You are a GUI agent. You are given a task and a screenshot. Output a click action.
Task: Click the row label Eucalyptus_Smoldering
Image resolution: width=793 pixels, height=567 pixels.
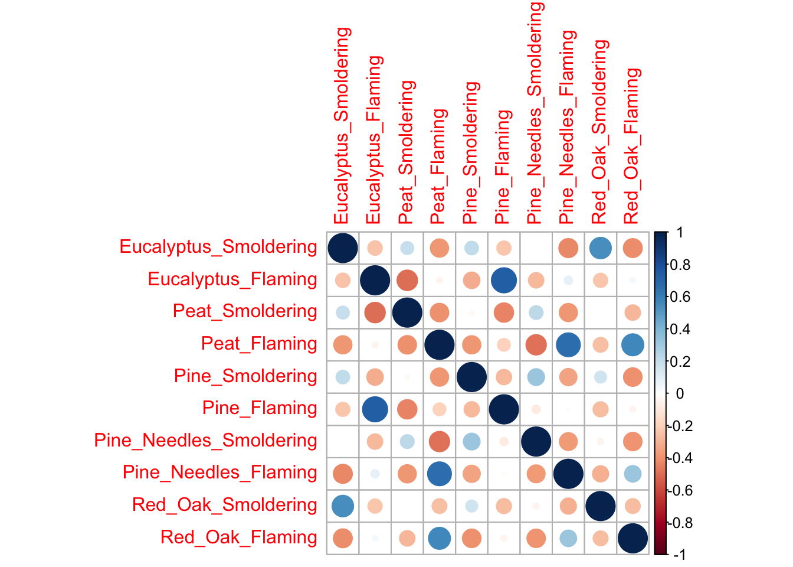218,247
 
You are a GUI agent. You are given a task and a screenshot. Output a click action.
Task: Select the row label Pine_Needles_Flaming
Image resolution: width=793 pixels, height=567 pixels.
220,472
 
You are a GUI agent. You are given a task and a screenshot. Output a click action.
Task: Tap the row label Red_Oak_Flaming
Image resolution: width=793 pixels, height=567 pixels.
239,537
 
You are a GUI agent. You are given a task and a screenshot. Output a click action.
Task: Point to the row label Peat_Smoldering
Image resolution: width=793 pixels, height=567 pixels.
245,311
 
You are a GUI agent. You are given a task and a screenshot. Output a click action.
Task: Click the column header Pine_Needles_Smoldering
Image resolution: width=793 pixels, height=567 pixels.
535,112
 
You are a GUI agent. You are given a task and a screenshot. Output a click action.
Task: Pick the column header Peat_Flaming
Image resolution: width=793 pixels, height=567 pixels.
438,166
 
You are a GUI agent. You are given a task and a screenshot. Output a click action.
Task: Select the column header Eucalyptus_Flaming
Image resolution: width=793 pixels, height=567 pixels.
374,140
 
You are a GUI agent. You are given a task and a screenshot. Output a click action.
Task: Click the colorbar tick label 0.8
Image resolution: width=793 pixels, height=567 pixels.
680,265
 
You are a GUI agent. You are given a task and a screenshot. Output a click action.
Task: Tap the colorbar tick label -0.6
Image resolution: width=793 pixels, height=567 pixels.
679,491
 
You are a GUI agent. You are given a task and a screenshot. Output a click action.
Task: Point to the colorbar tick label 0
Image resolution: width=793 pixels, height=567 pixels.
680,393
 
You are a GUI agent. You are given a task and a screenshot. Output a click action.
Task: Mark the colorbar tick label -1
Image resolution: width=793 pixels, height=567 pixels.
679,555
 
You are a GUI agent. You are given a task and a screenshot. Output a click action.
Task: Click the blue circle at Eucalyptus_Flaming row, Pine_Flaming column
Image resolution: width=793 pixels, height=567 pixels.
504,280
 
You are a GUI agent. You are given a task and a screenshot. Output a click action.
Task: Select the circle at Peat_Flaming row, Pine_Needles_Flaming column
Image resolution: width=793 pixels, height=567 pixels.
568,345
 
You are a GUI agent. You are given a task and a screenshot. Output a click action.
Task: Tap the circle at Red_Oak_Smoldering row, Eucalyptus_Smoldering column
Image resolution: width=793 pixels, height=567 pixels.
343,506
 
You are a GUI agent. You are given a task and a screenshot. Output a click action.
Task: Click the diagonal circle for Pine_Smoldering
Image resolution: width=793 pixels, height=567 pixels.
471,377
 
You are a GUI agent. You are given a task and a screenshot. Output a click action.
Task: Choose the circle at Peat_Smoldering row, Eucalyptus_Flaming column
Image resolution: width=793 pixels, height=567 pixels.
375,312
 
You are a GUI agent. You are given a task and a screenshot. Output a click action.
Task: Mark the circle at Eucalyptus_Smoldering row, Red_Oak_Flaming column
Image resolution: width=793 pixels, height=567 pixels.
633,248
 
